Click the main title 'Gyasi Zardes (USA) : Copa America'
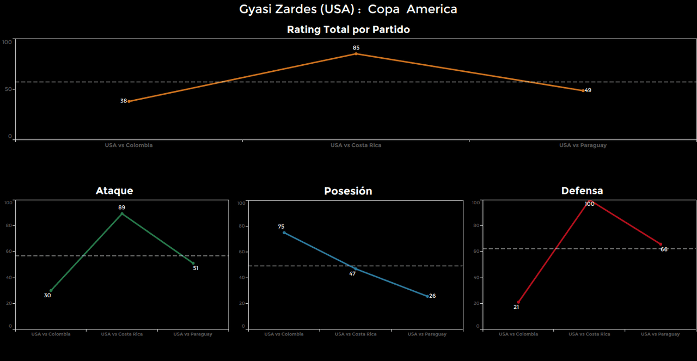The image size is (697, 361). click(x=348, y=9)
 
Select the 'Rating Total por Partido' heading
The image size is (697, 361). click(x=348, y=30)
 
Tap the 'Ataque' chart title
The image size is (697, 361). click(x=114, y=191)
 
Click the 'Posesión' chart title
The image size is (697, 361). click(x=348, y=191)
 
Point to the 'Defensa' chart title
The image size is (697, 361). click(x=582, y=191)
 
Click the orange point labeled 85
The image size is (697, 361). click(x=356, y=53)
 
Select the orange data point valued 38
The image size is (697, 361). click(x=129, y=101)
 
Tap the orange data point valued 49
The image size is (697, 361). click(x=583, y=90)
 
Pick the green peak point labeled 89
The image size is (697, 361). click(x=121, y=213)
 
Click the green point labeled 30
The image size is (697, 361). click(x=51, y=290)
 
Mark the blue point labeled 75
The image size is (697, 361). click(x=284, y=232)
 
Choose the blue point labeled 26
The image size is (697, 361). click(x=427, y=296)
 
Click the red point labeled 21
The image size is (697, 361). click(x=518, y=302)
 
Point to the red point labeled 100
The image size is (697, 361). click(x=590, y=201)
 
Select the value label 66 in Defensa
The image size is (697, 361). click(x=664, y=249)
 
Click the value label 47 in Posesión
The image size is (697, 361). click(x=352, y=273)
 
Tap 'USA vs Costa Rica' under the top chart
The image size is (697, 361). click(x=356, y=145)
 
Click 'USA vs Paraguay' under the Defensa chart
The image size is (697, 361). click(x=660, y=334)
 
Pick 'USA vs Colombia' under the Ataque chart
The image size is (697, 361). click(x=51, y=334)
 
